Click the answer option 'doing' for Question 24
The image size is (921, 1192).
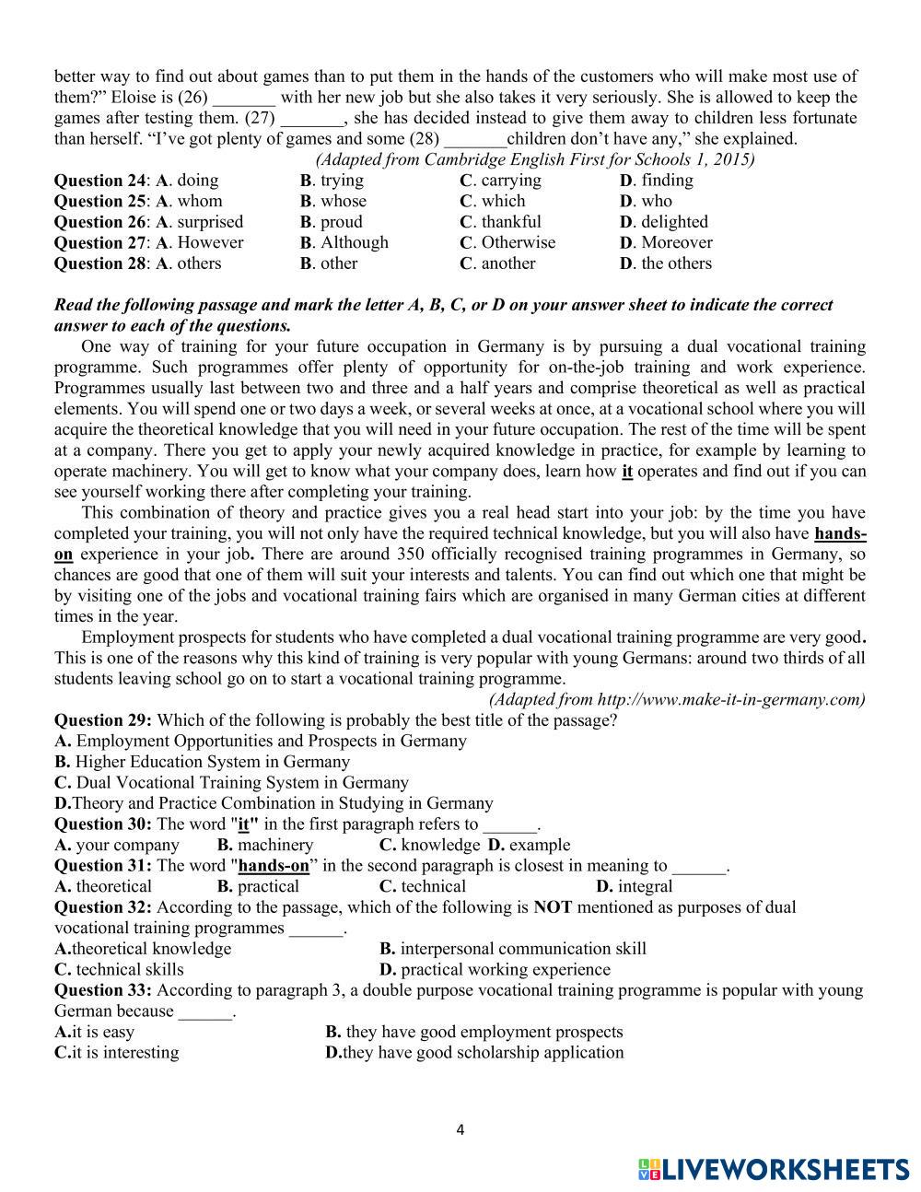click(x=197, y=181)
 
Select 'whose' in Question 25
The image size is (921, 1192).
click(x=343, y=201)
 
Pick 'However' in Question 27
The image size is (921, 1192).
click(x=210, y=242)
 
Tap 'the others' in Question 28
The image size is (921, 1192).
click(x=676, y=263)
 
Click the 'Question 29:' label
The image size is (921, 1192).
click(x=103, y=720)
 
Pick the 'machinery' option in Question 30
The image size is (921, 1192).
click(x=274, y=845)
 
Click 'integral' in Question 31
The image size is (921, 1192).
click(x=645, y=886)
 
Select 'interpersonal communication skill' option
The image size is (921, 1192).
click(x=523, y=949)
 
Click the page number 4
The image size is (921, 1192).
click(x=460, y=1130)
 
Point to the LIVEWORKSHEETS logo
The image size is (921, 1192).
click(x=773, y=1170)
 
